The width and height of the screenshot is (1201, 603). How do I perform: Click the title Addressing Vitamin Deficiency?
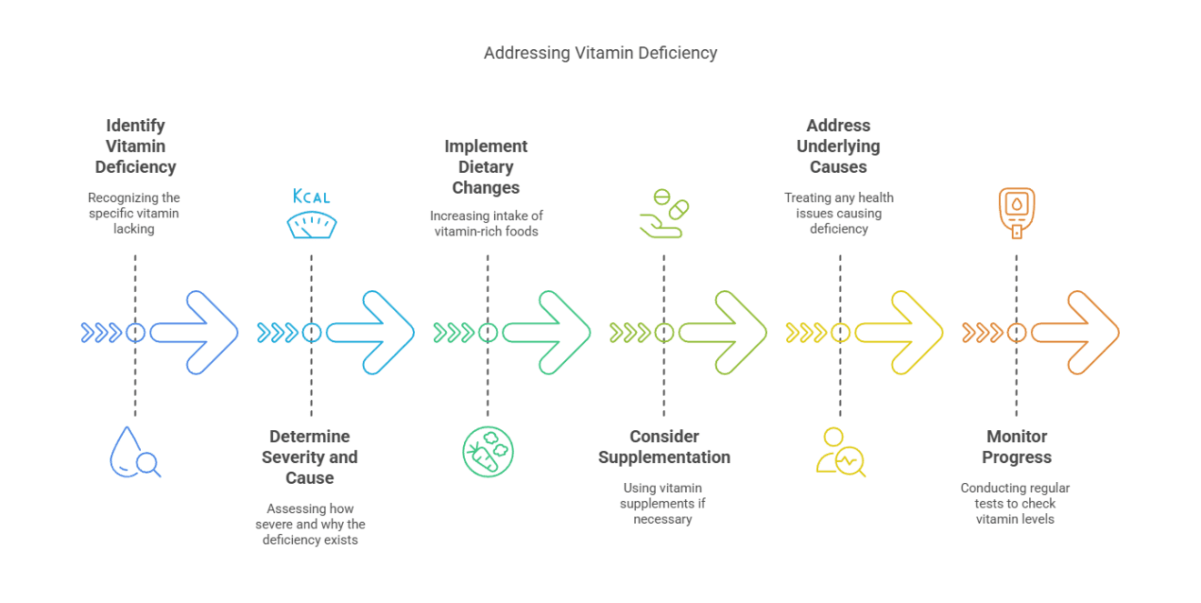pyautogui.click(x=600, y=53)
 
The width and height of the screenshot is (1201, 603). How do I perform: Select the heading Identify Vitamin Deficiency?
pyautogui.click(x=136, y=146)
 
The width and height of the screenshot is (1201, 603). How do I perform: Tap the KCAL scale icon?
pyautogui.click(x=311, y=215)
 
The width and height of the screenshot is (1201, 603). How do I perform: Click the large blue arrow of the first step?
pyautogui.click(x=196, y=333)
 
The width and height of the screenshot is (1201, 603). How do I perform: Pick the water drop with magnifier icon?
pyautogui.click(x=134, y=453)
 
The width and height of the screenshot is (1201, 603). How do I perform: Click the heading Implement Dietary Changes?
pyautogui.click(x=486, y=167)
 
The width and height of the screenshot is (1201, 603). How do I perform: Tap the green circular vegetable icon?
pyautogui.click(x=488, y=452)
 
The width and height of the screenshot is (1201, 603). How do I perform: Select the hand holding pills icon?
pyautogui.click(x=663, y=214)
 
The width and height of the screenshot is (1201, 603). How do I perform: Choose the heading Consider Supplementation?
pyautogui.click(x=664, y=447)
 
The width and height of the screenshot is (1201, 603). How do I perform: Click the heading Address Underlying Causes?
pyautogui.click(x=839, y=146)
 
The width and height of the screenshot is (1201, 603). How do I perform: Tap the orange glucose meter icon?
pyautogui.click(x=1016, y=213)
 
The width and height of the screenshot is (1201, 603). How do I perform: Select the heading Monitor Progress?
pyautogui.click(x=1016, y=447)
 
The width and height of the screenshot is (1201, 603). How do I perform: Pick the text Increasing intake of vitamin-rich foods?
pyautogui.click(x=486, y=224)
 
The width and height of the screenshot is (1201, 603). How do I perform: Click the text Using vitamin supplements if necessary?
pyautogui.click(x=663, y=504)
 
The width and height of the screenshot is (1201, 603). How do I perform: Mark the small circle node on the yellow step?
pyautogui.click(x=840, y=333)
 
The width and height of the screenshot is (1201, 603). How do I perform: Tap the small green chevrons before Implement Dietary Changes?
pyautogui.click(x=453, y=333)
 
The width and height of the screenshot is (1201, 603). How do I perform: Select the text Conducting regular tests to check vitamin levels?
pyautogui.click(x=1015, y=504)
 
